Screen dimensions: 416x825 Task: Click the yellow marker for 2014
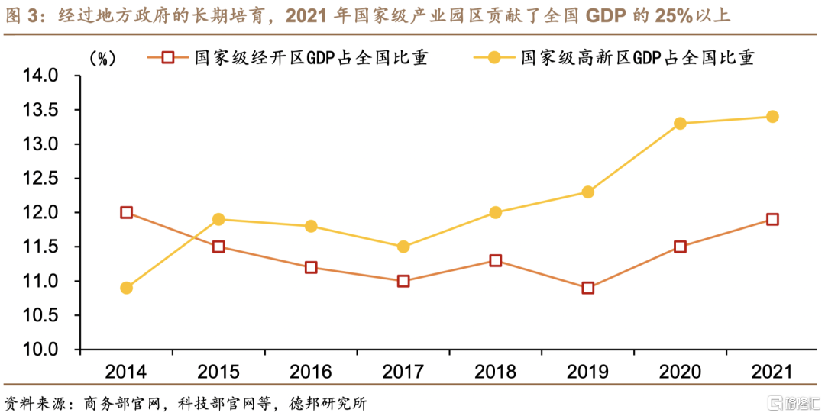(x=126, y=288)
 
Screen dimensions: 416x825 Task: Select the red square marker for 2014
(x=126, y=212)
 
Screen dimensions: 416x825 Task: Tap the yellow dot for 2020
(x=680, y=123)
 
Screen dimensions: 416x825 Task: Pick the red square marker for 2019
(x=587, y=288)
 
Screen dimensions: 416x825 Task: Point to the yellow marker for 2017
(x=403, y=247)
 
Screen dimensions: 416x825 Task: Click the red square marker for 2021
(x=772, y=219)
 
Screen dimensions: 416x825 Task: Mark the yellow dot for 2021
(x=772, y=116)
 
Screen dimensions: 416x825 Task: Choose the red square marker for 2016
(x=311, y=267)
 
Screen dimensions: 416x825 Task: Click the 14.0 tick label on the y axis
(x=42, y=76)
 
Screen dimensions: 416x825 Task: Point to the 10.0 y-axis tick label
(x=42, y=350)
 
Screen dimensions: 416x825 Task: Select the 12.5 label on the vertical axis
(x=42, y=179)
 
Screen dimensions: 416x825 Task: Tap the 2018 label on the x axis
(x=495, y=372)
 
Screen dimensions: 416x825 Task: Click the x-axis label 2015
(x=218, y=372)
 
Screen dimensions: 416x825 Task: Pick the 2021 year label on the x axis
(x=772, y=372)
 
